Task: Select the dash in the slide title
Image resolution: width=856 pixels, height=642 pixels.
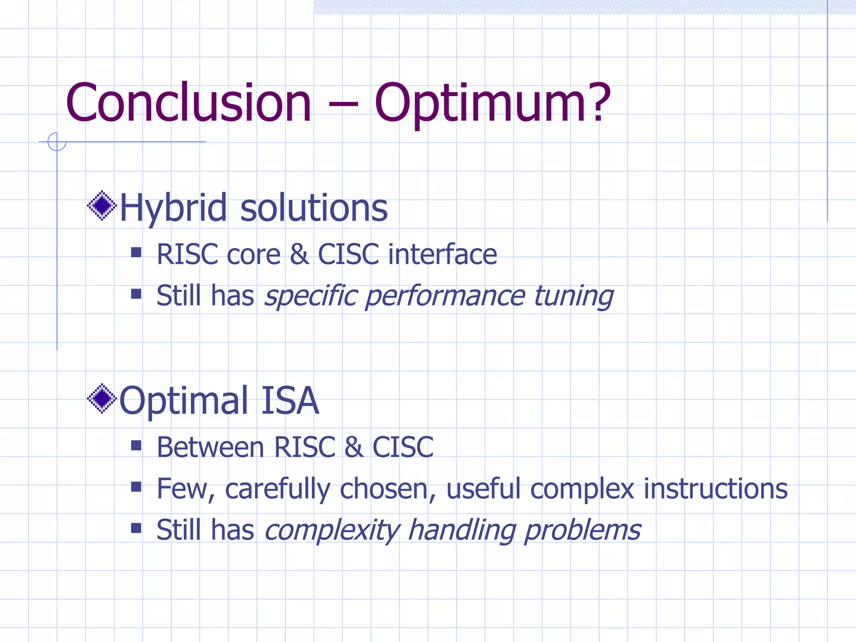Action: [343, 107]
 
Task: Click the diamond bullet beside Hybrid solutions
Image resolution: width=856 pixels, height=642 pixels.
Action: [102, 206]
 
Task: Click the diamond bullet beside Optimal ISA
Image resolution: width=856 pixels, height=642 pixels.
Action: [102, 398]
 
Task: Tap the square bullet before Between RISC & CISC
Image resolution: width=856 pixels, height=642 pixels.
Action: [136, 446]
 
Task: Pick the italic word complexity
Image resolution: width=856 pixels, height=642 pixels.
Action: [332, 530]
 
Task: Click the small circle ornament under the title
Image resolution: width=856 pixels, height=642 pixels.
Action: [57, 142]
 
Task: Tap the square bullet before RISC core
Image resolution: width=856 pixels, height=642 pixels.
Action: [136, 252]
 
